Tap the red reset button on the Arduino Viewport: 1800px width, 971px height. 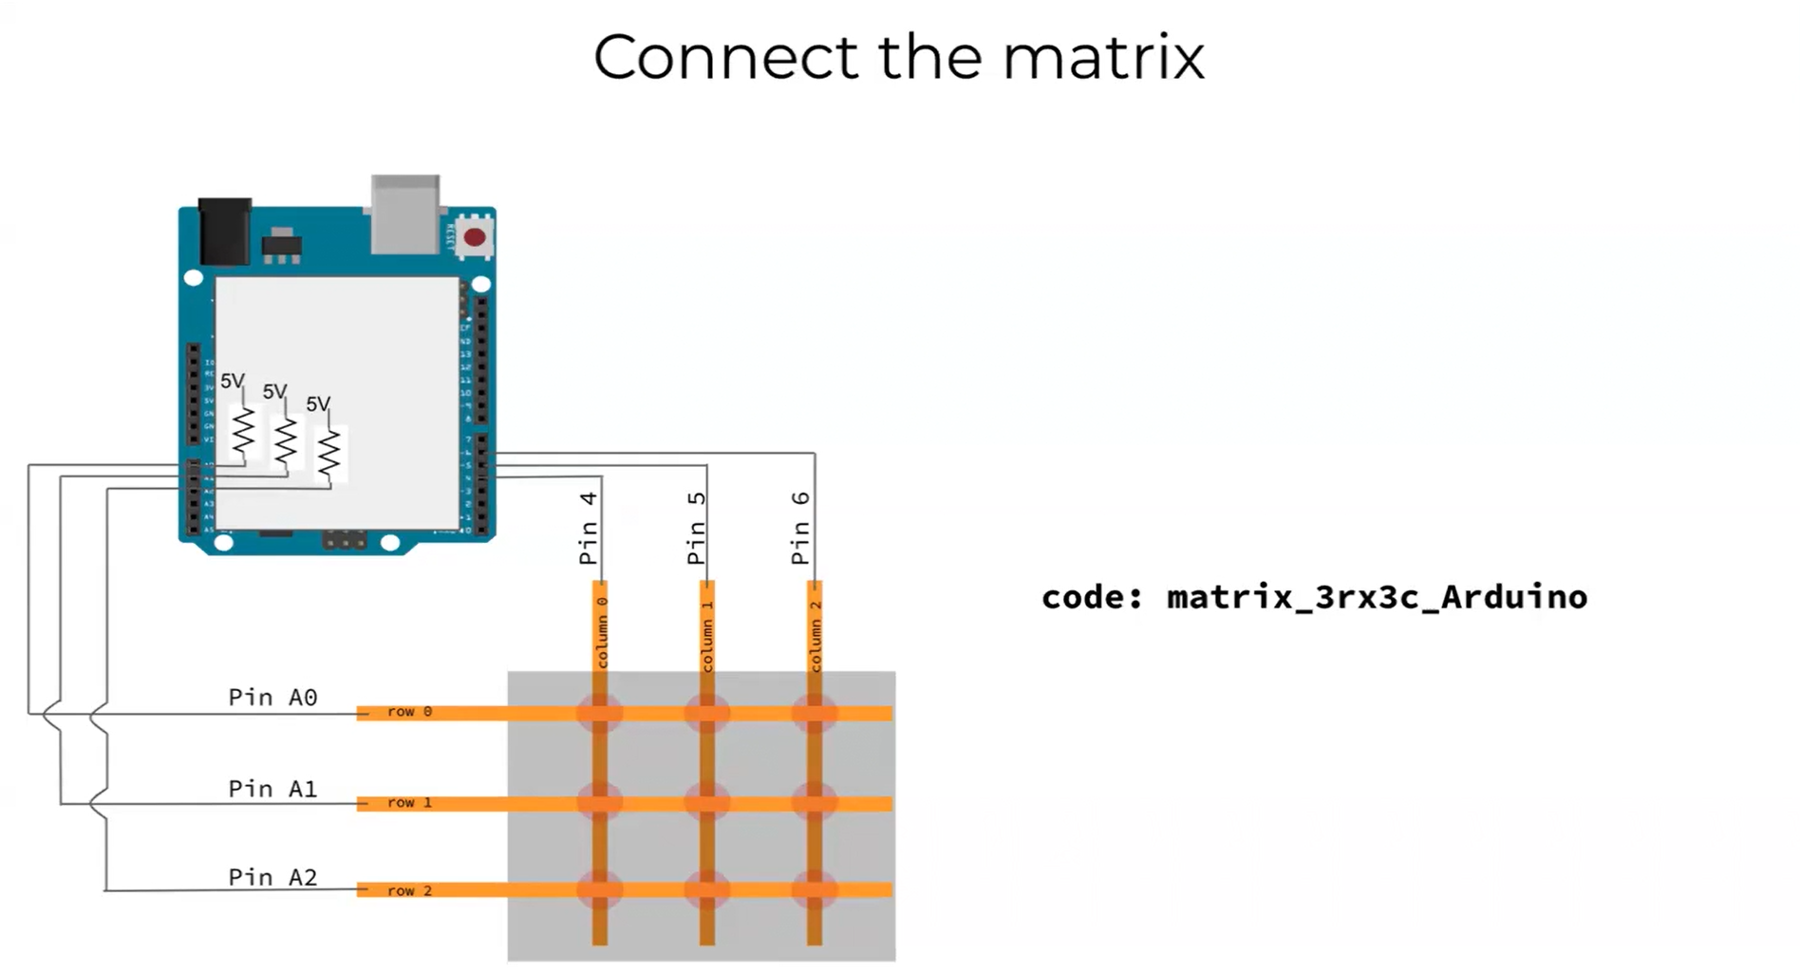[475, 237]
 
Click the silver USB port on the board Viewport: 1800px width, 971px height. [405, 214]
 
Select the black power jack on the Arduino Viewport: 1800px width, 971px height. [225, 230]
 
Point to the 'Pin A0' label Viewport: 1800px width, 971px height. [272, 698]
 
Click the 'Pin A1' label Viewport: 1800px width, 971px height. [272, 789]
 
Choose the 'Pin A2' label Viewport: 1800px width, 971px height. [272, 877]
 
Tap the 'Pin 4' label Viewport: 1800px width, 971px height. [589, 528]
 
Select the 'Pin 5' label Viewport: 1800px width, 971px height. [697, 528]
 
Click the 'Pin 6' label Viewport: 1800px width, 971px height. [801, 528]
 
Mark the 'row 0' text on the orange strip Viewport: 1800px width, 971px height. [409, 712]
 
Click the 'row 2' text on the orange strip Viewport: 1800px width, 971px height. [409, 890]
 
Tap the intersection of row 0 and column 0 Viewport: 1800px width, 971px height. [600, 713]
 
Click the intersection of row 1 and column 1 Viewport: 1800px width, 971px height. [707, 803]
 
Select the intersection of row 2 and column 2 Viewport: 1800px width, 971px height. [815, 890]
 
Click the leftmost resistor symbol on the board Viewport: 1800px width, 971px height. [244, 432]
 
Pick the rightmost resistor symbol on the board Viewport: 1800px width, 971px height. [328, 454]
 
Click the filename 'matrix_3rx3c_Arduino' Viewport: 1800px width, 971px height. [1377, 597]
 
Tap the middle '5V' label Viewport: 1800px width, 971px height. [274, 391]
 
